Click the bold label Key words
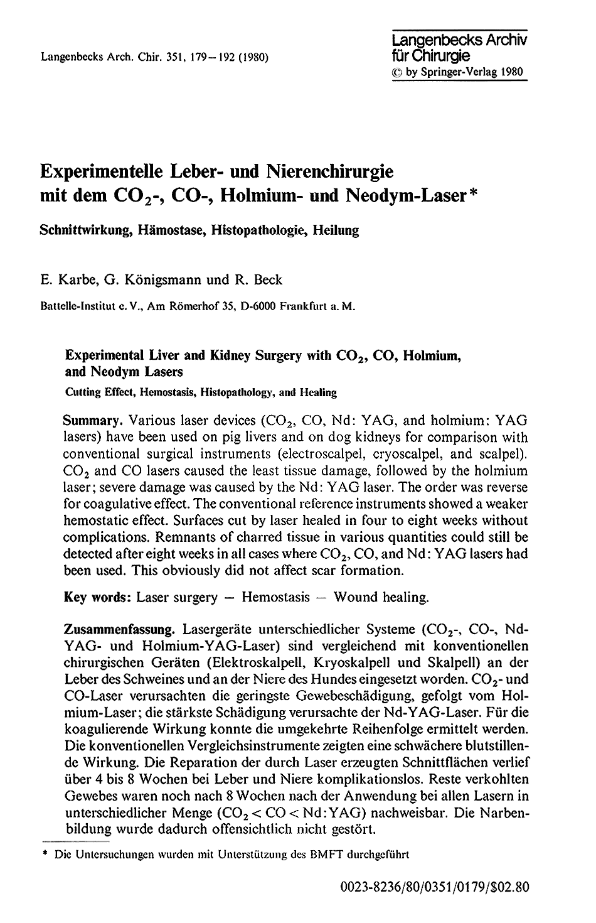click(97, 597)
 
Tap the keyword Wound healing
click(381, 597)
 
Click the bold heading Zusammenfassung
click(114, 629)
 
